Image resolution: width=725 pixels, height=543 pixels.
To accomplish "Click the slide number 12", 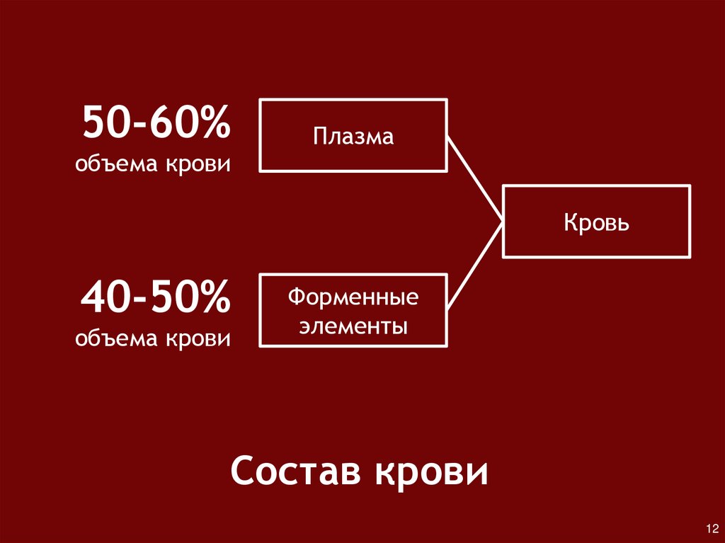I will click(712, 529).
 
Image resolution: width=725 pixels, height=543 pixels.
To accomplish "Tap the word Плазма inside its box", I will click(354, 136).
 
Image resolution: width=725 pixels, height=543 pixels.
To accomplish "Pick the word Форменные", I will click(353, 297).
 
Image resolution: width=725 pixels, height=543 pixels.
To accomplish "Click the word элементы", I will click(353, 327).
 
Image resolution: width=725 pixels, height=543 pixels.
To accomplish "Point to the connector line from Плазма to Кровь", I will click(475, 177).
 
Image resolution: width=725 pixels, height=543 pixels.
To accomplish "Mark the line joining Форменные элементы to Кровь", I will click(475, 265).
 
